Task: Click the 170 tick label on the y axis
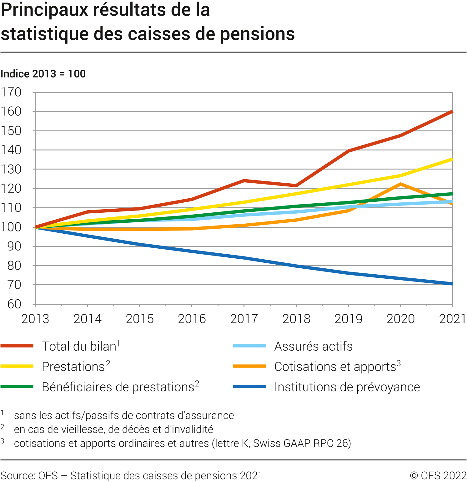tap(11, 92)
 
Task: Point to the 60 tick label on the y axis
tap(14, 304)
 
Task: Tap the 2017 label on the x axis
tap(244, 319)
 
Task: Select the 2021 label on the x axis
tap(452, 319)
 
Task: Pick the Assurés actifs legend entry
tap(313, 347)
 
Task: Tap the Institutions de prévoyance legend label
tap(347, 387)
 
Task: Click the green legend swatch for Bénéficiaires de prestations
tap(17, 387)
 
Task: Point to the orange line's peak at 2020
tap(400, 184)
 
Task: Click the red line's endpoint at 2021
tap(452, 112)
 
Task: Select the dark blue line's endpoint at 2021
tap(452, 284)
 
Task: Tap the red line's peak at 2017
tap(244, 180)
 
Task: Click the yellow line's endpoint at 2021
tap(452, 160)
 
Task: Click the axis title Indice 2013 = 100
tap(43, 74)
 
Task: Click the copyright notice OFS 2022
tap(438, 476)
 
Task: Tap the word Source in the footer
tap(18, 476)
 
